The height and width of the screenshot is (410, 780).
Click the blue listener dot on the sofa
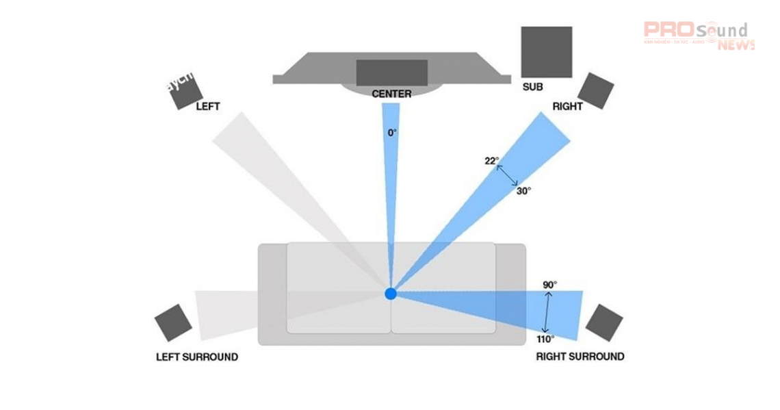(391, 294)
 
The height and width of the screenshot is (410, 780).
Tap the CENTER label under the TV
(391, 94)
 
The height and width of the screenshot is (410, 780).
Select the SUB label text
(532, 88)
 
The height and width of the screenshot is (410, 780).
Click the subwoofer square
(546, 52)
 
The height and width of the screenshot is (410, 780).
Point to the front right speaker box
(595, 90)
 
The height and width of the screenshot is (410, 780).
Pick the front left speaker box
(185, 90)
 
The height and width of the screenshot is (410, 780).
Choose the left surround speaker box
(173, 322)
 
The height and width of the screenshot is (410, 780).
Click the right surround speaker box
(604, 322)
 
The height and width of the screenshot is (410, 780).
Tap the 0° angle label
(392, 133)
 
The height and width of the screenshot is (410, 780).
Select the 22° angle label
(491, 162)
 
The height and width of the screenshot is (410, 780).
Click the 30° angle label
(523, 192)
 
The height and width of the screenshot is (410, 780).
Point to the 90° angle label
(550, 284)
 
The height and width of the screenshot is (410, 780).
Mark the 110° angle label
(545, 338)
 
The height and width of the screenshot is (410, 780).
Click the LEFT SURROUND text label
(197, 357)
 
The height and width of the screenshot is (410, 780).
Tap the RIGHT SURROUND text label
(580, 357)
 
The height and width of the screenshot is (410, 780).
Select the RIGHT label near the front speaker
(568, 107)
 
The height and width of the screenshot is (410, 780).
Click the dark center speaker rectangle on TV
(391, 73)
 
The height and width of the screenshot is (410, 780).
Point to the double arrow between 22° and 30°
(507, 175)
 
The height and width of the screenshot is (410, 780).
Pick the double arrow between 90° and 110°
(547, 311)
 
